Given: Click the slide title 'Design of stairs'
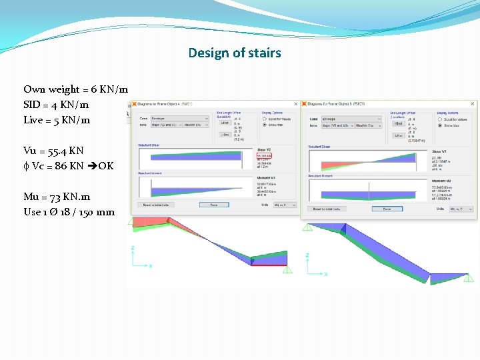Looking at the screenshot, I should [235, 53].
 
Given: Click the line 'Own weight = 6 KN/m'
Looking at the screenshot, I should [76, 89].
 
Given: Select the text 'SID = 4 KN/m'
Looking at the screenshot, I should [56, 105].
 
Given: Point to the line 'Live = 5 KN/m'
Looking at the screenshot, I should [57, 120].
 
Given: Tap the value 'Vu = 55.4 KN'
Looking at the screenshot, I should [53, 151].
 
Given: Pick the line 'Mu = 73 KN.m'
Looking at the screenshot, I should [57, 197].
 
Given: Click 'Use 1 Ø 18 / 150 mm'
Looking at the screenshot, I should [69, 212].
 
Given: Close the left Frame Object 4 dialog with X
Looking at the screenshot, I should [297, 104].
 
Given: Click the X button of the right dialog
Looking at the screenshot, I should [473, 104].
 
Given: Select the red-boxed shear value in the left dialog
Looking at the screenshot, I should [265, 156].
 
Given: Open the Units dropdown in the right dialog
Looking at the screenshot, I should [461, 209].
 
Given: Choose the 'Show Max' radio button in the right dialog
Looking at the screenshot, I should [439, 125].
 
